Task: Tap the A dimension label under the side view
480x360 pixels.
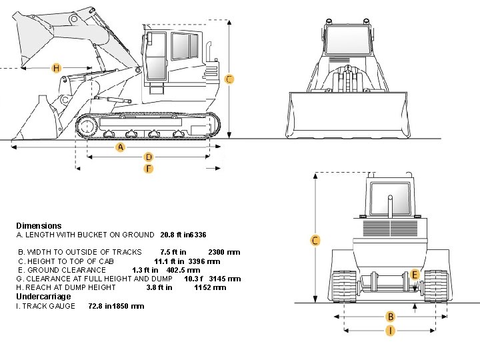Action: click(x=120, y=147)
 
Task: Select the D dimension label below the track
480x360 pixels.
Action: click(x=149, y=157)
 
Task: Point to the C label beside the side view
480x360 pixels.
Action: click(x=229, y=79)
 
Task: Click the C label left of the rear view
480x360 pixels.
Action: click(x=315, y=240)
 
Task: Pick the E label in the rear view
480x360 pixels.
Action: click(x=415, y=275)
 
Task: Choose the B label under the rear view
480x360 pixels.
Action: click(x=391, y=317)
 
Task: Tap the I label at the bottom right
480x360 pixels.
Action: click(x=391, y=330)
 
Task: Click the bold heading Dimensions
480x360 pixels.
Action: click(x=39, y=226)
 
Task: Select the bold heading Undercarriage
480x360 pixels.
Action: click(x=43, y=297)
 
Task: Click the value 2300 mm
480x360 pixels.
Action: click(x=224, y=252)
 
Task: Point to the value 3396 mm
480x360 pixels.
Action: click(x=204, y=261)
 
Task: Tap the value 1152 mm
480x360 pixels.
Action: click(x=210, y=287)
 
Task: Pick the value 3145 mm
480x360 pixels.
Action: click(x=225, y=279)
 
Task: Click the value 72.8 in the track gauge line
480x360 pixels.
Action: click(x=96, y=306)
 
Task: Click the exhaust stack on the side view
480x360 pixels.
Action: click(x=209, y=52)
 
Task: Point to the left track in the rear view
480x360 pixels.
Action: click(x=345, y=286)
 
